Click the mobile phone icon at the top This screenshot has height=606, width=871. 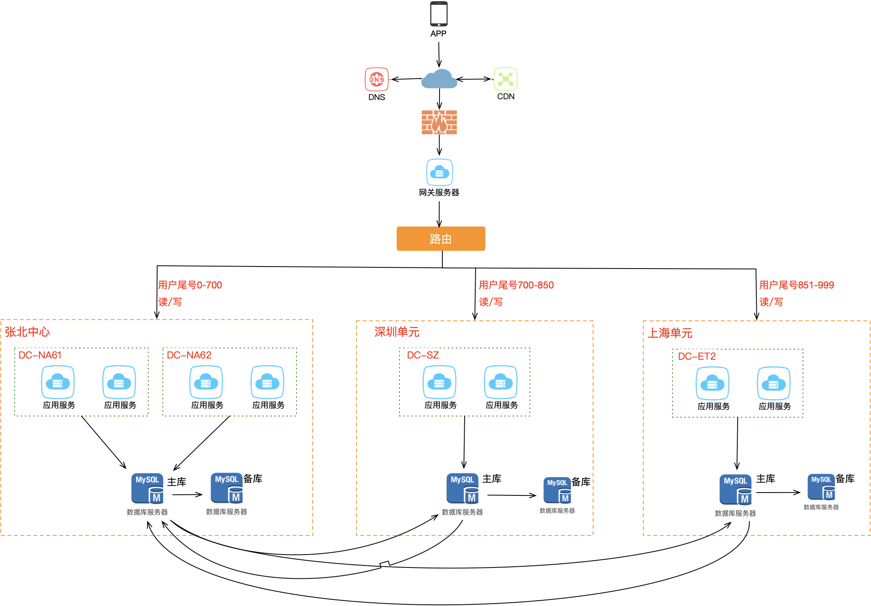point(438,15)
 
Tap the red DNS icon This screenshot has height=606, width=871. point(376,79)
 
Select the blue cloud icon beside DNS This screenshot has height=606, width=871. point(439,79)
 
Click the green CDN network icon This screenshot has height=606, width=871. point(506,79)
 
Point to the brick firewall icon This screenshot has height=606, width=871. point(439,122)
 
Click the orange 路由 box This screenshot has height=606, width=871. point(441,239)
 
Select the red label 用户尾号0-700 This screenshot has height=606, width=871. point(190,285)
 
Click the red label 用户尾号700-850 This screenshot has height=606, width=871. point(516,285)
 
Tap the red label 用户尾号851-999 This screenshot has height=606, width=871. point(796,285)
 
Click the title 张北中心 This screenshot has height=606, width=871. point(28,332)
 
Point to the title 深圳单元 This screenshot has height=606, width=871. point(397,332)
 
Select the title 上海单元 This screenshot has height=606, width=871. point(670,333)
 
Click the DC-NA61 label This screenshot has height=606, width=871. point(40,355)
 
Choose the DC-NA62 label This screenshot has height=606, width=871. point(189,355)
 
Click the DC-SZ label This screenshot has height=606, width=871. point(423,355)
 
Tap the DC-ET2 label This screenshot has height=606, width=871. point(697,356)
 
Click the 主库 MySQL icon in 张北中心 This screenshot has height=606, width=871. point(147,489)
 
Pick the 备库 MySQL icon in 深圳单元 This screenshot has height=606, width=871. point(557,490)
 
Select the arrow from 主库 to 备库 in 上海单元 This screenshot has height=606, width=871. point(778,493)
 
